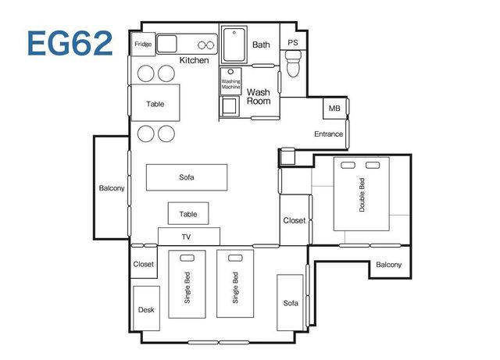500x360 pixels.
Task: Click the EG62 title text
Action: point(70,43)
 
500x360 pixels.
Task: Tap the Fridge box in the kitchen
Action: point(143,44)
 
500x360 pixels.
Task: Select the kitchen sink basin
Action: point(166,44)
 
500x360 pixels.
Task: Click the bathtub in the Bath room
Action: point(234,45)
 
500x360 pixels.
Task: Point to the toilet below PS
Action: point(293,64)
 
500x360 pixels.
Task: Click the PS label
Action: point(293,42)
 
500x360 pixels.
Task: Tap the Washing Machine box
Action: point(230,81)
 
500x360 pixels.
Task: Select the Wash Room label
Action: point(259,97)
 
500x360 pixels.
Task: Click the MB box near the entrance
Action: point(335,109)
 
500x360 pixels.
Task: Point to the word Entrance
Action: point(328,134)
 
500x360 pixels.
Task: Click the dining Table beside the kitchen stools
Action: point(155,102)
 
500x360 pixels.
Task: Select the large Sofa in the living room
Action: point(187,177)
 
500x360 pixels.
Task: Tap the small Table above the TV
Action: point(188,213)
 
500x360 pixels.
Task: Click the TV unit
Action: point(189,237)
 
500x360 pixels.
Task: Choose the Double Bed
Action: point(361,194)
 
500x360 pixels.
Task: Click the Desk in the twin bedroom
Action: point(146,308)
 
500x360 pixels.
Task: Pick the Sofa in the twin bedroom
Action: point(290,303)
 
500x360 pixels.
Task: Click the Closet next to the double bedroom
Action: point(295,220)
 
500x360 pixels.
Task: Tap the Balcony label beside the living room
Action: point(112,188)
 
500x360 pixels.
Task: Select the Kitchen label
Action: point(195,60)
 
